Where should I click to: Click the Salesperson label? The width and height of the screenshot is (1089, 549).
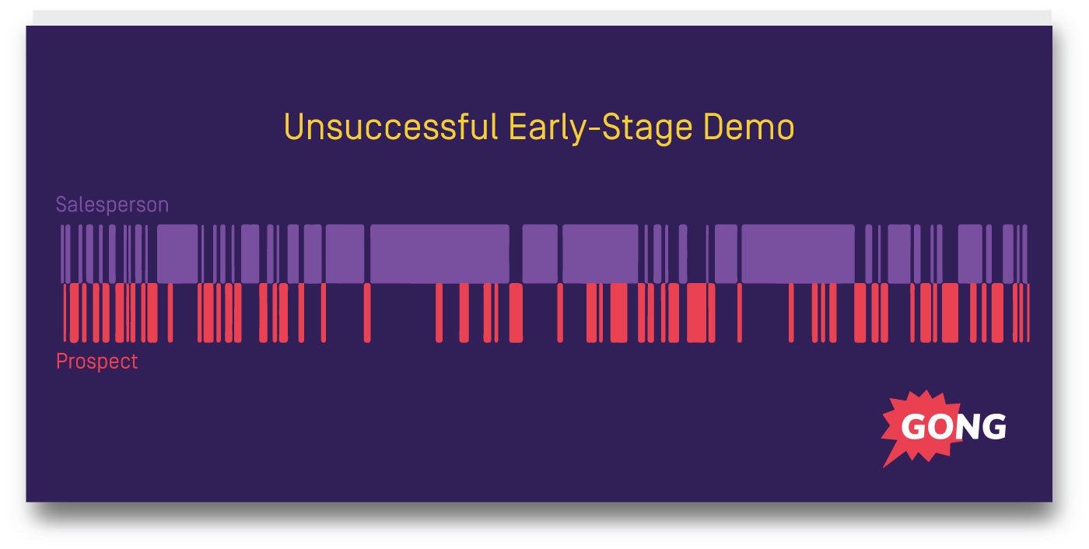pos(112,205)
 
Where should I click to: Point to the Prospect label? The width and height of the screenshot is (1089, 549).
pos(96,362)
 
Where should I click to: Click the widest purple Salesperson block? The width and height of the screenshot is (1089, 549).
pos(439,254)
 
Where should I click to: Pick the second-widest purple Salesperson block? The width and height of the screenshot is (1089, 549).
pos(797,254)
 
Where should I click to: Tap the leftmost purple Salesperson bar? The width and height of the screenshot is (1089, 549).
pos(63,254)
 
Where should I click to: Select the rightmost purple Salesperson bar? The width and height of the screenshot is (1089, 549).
pos(1025,254)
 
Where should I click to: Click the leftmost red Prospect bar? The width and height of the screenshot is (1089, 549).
pos(66,313)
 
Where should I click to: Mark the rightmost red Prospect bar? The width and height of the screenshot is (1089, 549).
pos(1028,313)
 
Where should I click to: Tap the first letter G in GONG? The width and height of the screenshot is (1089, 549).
pos(913,427)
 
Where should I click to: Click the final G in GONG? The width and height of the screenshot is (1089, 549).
pos(994,427)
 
